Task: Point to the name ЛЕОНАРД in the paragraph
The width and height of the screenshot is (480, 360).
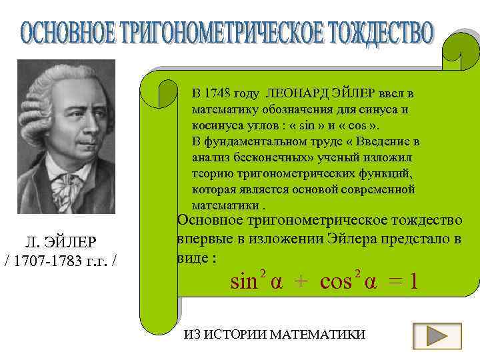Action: click(x=297, y=92)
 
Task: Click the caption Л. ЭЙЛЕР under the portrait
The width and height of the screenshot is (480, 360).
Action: click(x=61, y=241)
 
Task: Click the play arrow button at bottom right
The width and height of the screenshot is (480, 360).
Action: click(x=437, y=334)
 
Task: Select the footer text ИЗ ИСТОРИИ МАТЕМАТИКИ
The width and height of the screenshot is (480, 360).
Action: click(x=274, y=334)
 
